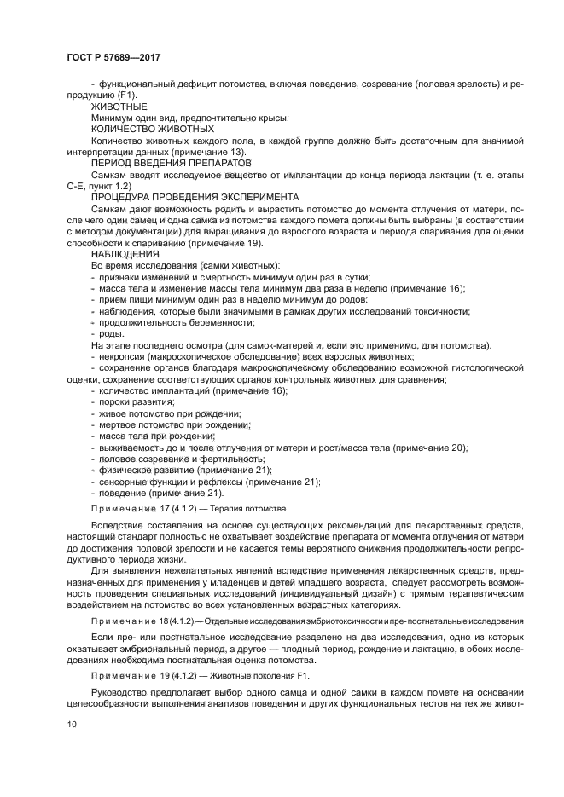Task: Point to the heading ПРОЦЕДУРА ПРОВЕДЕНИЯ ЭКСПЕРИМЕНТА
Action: (x=195, y=195)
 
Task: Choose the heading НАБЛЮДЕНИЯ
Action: (x=125, y=253)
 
